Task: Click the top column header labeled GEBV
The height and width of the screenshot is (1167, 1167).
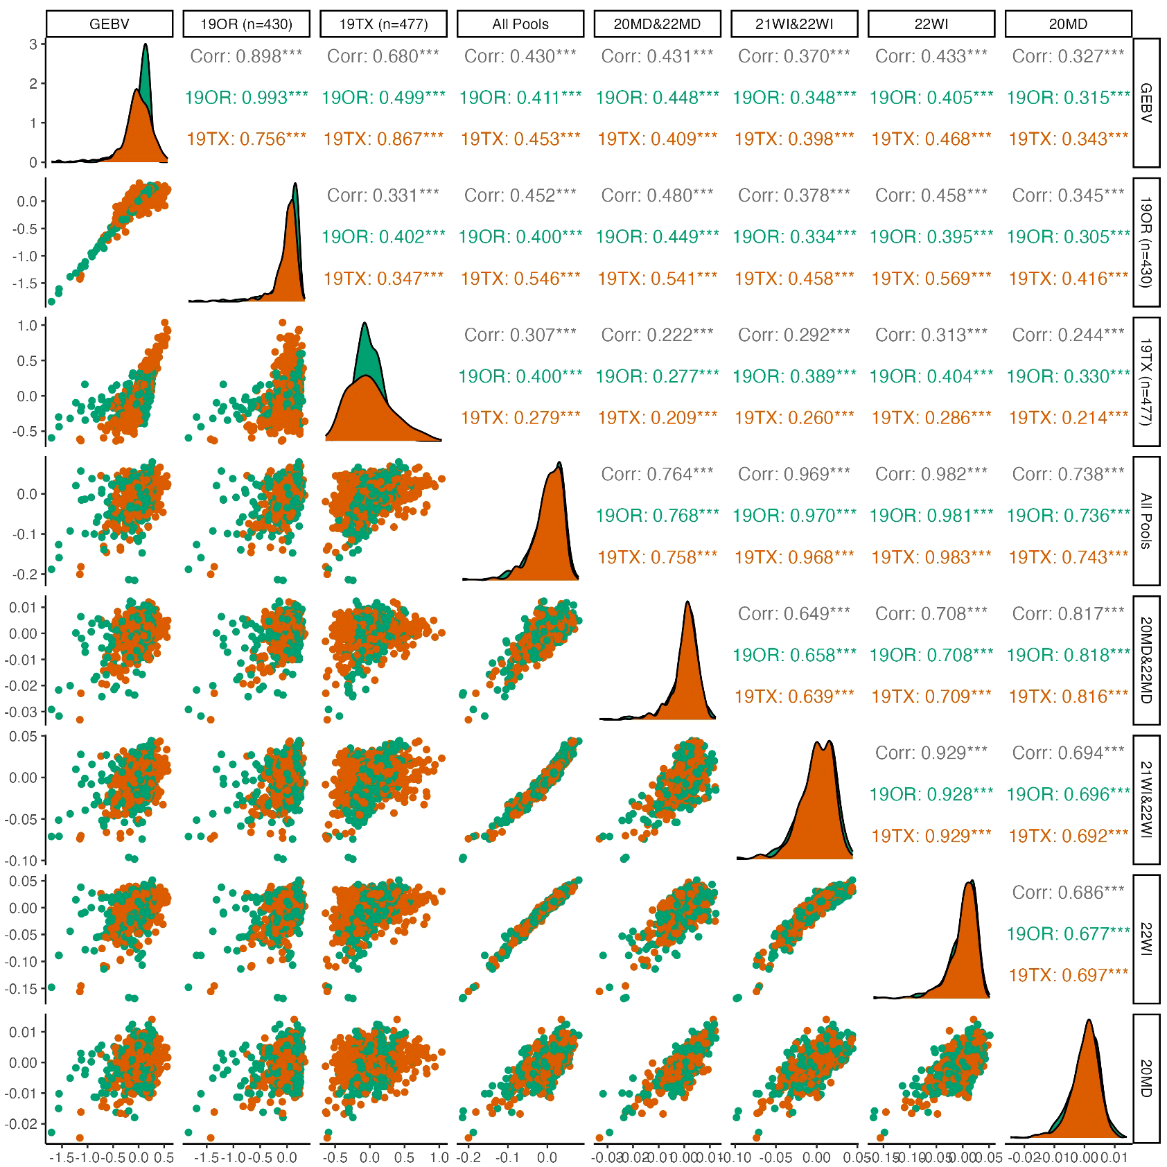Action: point(109,24)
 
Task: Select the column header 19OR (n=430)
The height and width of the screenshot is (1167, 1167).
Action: point(246,24)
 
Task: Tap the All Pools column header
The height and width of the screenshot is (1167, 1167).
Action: point(520,24)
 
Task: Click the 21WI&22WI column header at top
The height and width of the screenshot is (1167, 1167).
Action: point(794,24)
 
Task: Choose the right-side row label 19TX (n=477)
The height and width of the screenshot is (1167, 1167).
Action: point(1146,382)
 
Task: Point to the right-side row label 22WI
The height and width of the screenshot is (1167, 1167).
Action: point(1146,939)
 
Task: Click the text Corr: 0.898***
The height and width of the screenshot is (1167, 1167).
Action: point(246,56)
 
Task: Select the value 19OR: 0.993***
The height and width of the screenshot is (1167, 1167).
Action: point(246,98)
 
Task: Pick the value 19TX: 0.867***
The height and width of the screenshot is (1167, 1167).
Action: point(383,139)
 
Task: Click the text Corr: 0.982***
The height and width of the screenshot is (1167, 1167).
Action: point(931,474)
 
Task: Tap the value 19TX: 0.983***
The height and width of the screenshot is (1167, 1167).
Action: point(931,557)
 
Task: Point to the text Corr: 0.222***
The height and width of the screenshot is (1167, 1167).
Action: point(657,335)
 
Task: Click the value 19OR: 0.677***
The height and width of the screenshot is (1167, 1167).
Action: point(1068,933)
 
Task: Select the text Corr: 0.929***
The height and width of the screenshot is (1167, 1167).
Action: point(931,753)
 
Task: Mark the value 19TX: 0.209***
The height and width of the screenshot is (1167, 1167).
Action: point(657,418)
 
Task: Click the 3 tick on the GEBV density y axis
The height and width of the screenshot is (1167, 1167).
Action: point(33,44)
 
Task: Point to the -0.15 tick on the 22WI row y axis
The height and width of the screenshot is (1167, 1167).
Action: point(22,988)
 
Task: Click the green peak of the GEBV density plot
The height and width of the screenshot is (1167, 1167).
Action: point(145,46)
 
